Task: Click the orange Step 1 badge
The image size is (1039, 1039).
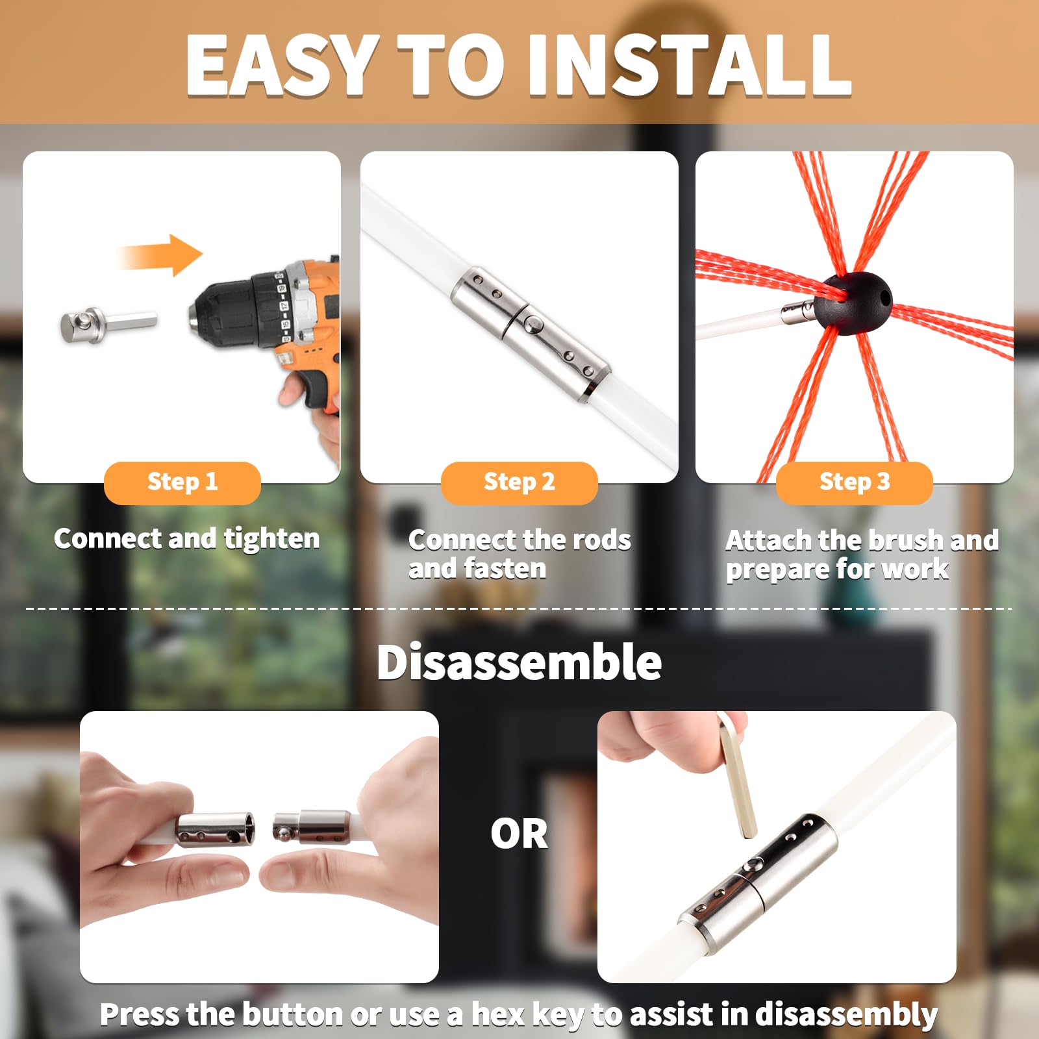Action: (182, 482)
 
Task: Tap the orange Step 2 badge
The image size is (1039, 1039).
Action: (519, 482)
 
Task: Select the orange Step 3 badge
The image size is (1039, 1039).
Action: (854, 482)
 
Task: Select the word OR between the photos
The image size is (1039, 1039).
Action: (519, 834)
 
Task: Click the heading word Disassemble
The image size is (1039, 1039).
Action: (519, 662)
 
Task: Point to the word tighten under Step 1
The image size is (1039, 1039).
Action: (271, 540)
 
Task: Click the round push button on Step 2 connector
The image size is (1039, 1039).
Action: (534, 321)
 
